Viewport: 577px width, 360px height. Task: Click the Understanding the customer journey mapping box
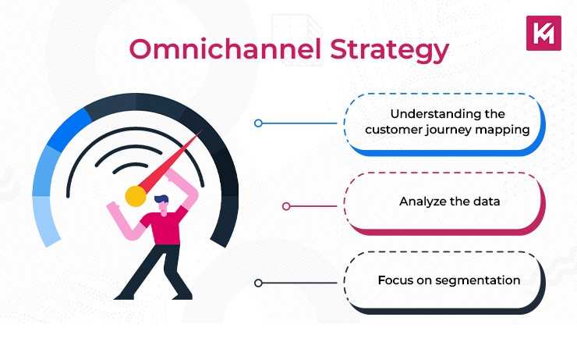pyautogui.click(x=444, y=123)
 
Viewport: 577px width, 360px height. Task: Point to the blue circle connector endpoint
pyautogui.click(x=258, y=123)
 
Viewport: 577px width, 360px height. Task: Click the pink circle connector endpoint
pyautogui.click(x=286, y=206)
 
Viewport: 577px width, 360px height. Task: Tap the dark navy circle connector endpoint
pyautogui.click(x=258, y=283)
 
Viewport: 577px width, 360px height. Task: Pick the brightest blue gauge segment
pyautogui.click(x=69, y=129)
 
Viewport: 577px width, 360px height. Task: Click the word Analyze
pyautogui.click(x=420, y=201)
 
